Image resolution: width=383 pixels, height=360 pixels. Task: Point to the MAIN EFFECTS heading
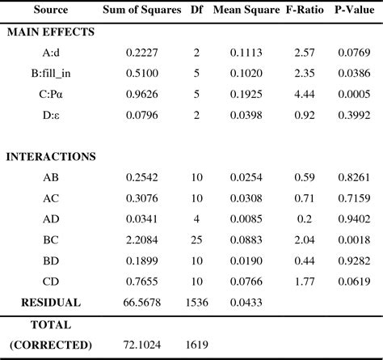point(52,32)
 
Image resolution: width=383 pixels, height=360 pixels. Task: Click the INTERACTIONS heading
point(52,156)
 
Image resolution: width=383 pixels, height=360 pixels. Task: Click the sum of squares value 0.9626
point(142,93)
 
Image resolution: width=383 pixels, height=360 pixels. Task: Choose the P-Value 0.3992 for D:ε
point(352,114)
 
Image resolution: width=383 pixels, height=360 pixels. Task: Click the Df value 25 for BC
point(197,240)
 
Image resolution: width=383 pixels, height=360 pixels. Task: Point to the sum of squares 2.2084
point(142,240)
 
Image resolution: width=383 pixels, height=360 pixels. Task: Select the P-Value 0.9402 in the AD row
point(352,219)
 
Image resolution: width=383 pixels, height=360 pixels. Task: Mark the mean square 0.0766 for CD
point(246,282)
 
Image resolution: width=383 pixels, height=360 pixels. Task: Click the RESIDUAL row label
point(52,303)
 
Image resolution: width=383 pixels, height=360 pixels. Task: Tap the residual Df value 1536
point(197,303)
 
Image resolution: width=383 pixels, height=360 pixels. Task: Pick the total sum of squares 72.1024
point(142,345)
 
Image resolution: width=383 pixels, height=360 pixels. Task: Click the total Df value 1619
point(197,345)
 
